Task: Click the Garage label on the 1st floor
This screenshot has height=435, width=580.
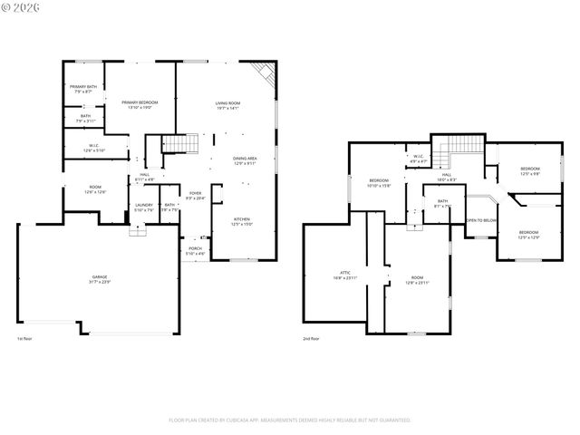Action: (100, 278)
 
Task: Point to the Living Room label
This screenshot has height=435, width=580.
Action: (227, 105)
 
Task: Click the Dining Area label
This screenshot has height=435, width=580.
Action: (245, 160)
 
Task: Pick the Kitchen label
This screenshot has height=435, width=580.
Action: (242, 221)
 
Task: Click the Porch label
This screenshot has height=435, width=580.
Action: (195, 250)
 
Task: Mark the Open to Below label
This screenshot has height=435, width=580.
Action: (480, 220)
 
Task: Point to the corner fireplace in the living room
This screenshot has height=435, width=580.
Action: (265, 72)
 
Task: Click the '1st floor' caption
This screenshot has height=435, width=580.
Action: (25, 339)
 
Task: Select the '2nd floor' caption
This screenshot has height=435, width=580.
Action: (311, 339)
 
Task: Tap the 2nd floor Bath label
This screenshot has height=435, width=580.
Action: (442, 203)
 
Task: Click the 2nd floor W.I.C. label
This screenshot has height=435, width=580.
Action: (418, 159)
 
